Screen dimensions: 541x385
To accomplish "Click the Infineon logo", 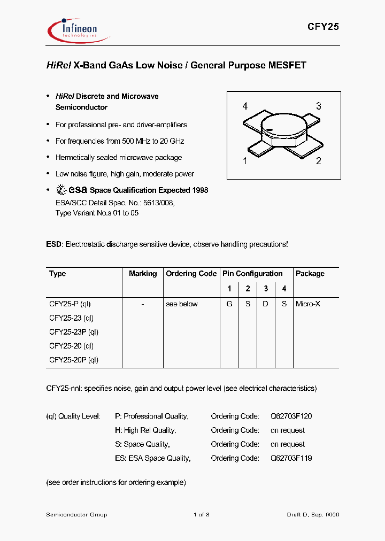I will tap(77, 29).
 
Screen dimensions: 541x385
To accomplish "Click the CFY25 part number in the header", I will tap(322, 27).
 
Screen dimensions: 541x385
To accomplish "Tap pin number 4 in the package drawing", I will tap(245, 106).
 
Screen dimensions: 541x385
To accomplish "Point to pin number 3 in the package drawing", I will tap(319, 106).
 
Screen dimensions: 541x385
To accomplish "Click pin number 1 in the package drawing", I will tap(245, 161).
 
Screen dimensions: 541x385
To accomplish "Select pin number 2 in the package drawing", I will tap(319, 161).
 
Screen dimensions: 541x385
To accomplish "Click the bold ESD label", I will tap(54, 244).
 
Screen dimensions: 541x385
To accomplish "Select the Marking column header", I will tap(143, 274).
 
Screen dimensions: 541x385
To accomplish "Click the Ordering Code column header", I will tap(191, 274).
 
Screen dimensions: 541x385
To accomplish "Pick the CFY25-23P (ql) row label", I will tap(74, 332).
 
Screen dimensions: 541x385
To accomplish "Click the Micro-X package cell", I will tap(308, 304).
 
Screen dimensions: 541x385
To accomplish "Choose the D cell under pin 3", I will tap(266, 304).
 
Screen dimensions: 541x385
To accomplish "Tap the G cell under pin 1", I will tap(229, 304).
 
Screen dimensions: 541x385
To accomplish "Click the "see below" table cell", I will tap(182, 304).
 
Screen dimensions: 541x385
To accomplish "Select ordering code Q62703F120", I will tap(291, 416).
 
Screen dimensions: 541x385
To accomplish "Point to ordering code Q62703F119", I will tap(291, 458).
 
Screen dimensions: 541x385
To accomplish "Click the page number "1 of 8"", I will tap(202, 515).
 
